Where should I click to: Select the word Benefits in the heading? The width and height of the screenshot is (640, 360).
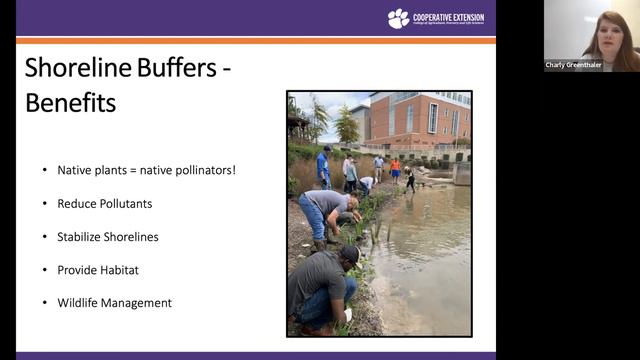point(71,102)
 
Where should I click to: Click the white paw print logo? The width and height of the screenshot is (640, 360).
point(398,18)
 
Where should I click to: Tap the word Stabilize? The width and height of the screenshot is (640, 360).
point(81,237)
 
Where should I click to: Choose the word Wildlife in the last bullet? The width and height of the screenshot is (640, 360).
point(80,303)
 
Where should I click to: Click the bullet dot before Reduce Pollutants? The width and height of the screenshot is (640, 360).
point(44,203)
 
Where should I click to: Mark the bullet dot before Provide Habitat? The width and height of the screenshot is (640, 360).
point(44,270)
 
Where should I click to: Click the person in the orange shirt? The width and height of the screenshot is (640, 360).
point(395,166)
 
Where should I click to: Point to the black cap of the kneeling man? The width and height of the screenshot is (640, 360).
point(350,254)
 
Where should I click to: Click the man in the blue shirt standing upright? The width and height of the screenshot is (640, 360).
point(323,166)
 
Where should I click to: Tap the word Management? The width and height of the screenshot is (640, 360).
point(141,303)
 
